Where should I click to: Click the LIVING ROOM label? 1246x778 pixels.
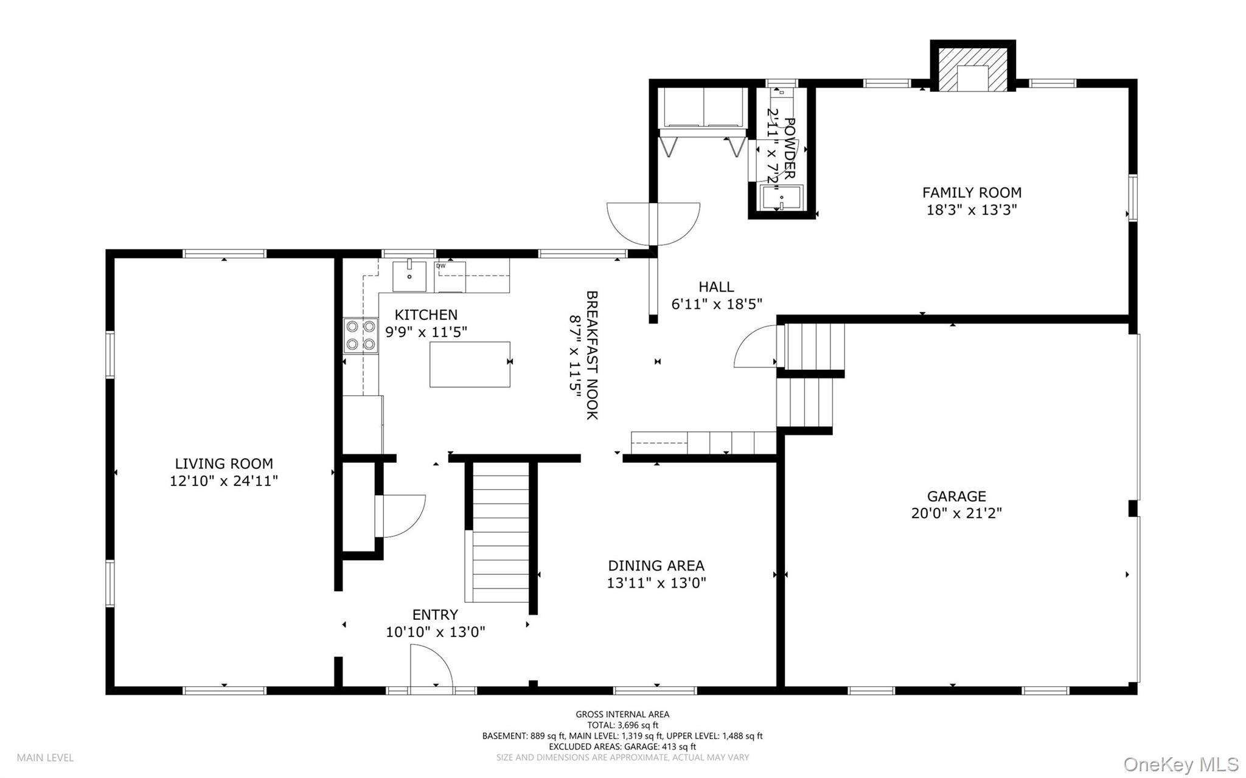224,464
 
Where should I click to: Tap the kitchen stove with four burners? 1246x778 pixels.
360,335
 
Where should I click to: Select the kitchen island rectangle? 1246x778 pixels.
470,364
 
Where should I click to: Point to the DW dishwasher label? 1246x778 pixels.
440,266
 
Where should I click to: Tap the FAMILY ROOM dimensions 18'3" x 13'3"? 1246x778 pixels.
972,210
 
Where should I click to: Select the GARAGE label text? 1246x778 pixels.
956,496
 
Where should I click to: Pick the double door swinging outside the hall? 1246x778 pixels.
653,223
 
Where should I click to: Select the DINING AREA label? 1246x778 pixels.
656,566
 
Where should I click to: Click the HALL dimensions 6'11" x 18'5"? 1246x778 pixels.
716,304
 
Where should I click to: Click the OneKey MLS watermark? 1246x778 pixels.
1180,764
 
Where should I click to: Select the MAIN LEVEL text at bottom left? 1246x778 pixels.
45,758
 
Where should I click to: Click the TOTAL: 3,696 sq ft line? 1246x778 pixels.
622,725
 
